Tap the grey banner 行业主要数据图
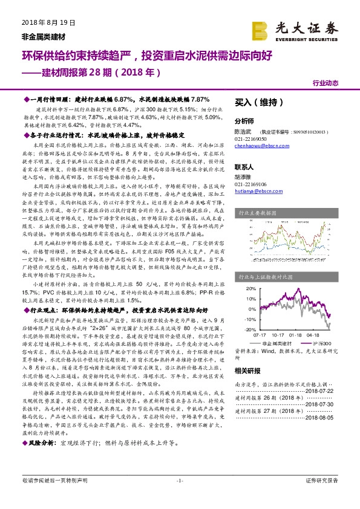click(261, 213)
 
